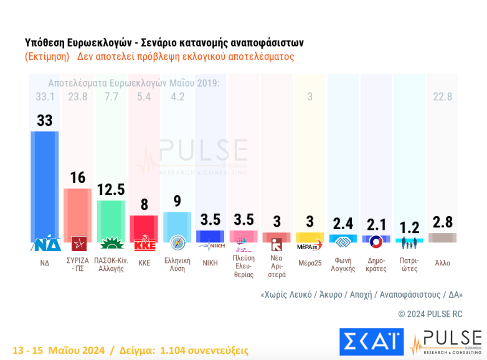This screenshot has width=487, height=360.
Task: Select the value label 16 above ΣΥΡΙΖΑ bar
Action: point(78,178)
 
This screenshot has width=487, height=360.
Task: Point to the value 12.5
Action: point(111,189)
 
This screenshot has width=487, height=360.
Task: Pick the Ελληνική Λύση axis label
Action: point(177,265)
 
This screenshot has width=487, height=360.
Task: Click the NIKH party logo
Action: point(210,245)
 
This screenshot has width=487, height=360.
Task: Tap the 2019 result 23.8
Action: point(78,97)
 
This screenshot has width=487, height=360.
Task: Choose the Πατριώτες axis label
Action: point(409,265)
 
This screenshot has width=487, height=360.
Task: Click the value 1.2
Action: point(409,228)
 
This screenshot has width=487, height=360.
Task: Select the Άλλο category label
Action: point(443,263)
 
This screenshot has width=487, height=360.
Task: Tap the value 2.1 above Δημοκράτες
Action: point(376,224)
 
